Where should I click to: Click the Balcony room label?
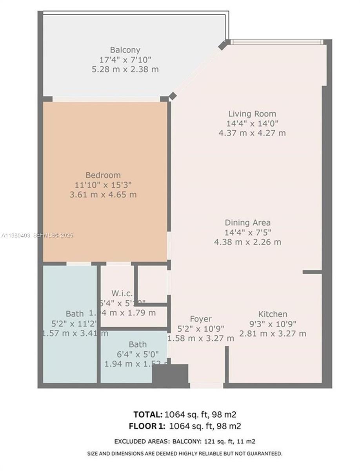(x=125, y=50)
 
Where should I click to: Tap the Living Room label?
(x=252, y=114)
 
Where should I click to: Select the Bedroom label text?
(x=103, y=175)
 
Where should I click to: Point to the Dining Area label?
(x=247, y=223)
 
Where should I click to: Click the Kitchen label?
(x=273, y=314)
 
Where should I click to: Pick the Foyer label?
(x=201, y=319)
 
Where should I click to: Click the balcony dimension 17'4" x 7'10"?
(x=125, y=60)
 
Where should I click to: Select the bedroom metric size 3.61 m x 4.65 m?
(x=103, y=194)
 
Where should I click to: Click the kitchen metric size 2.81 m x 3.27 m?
(x=273, y=334)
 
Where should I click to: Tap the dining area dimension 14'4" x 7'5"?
(x=247, y=232)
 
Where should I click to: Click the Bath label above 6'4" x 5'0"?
(x=138, y=345)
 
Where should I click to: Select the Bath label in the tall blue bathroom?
(x=75, y=314)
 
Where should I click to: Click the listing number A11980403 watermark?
(x=15, y=235)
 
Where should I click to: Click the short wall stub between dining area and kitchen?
(x=312, y=272)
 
